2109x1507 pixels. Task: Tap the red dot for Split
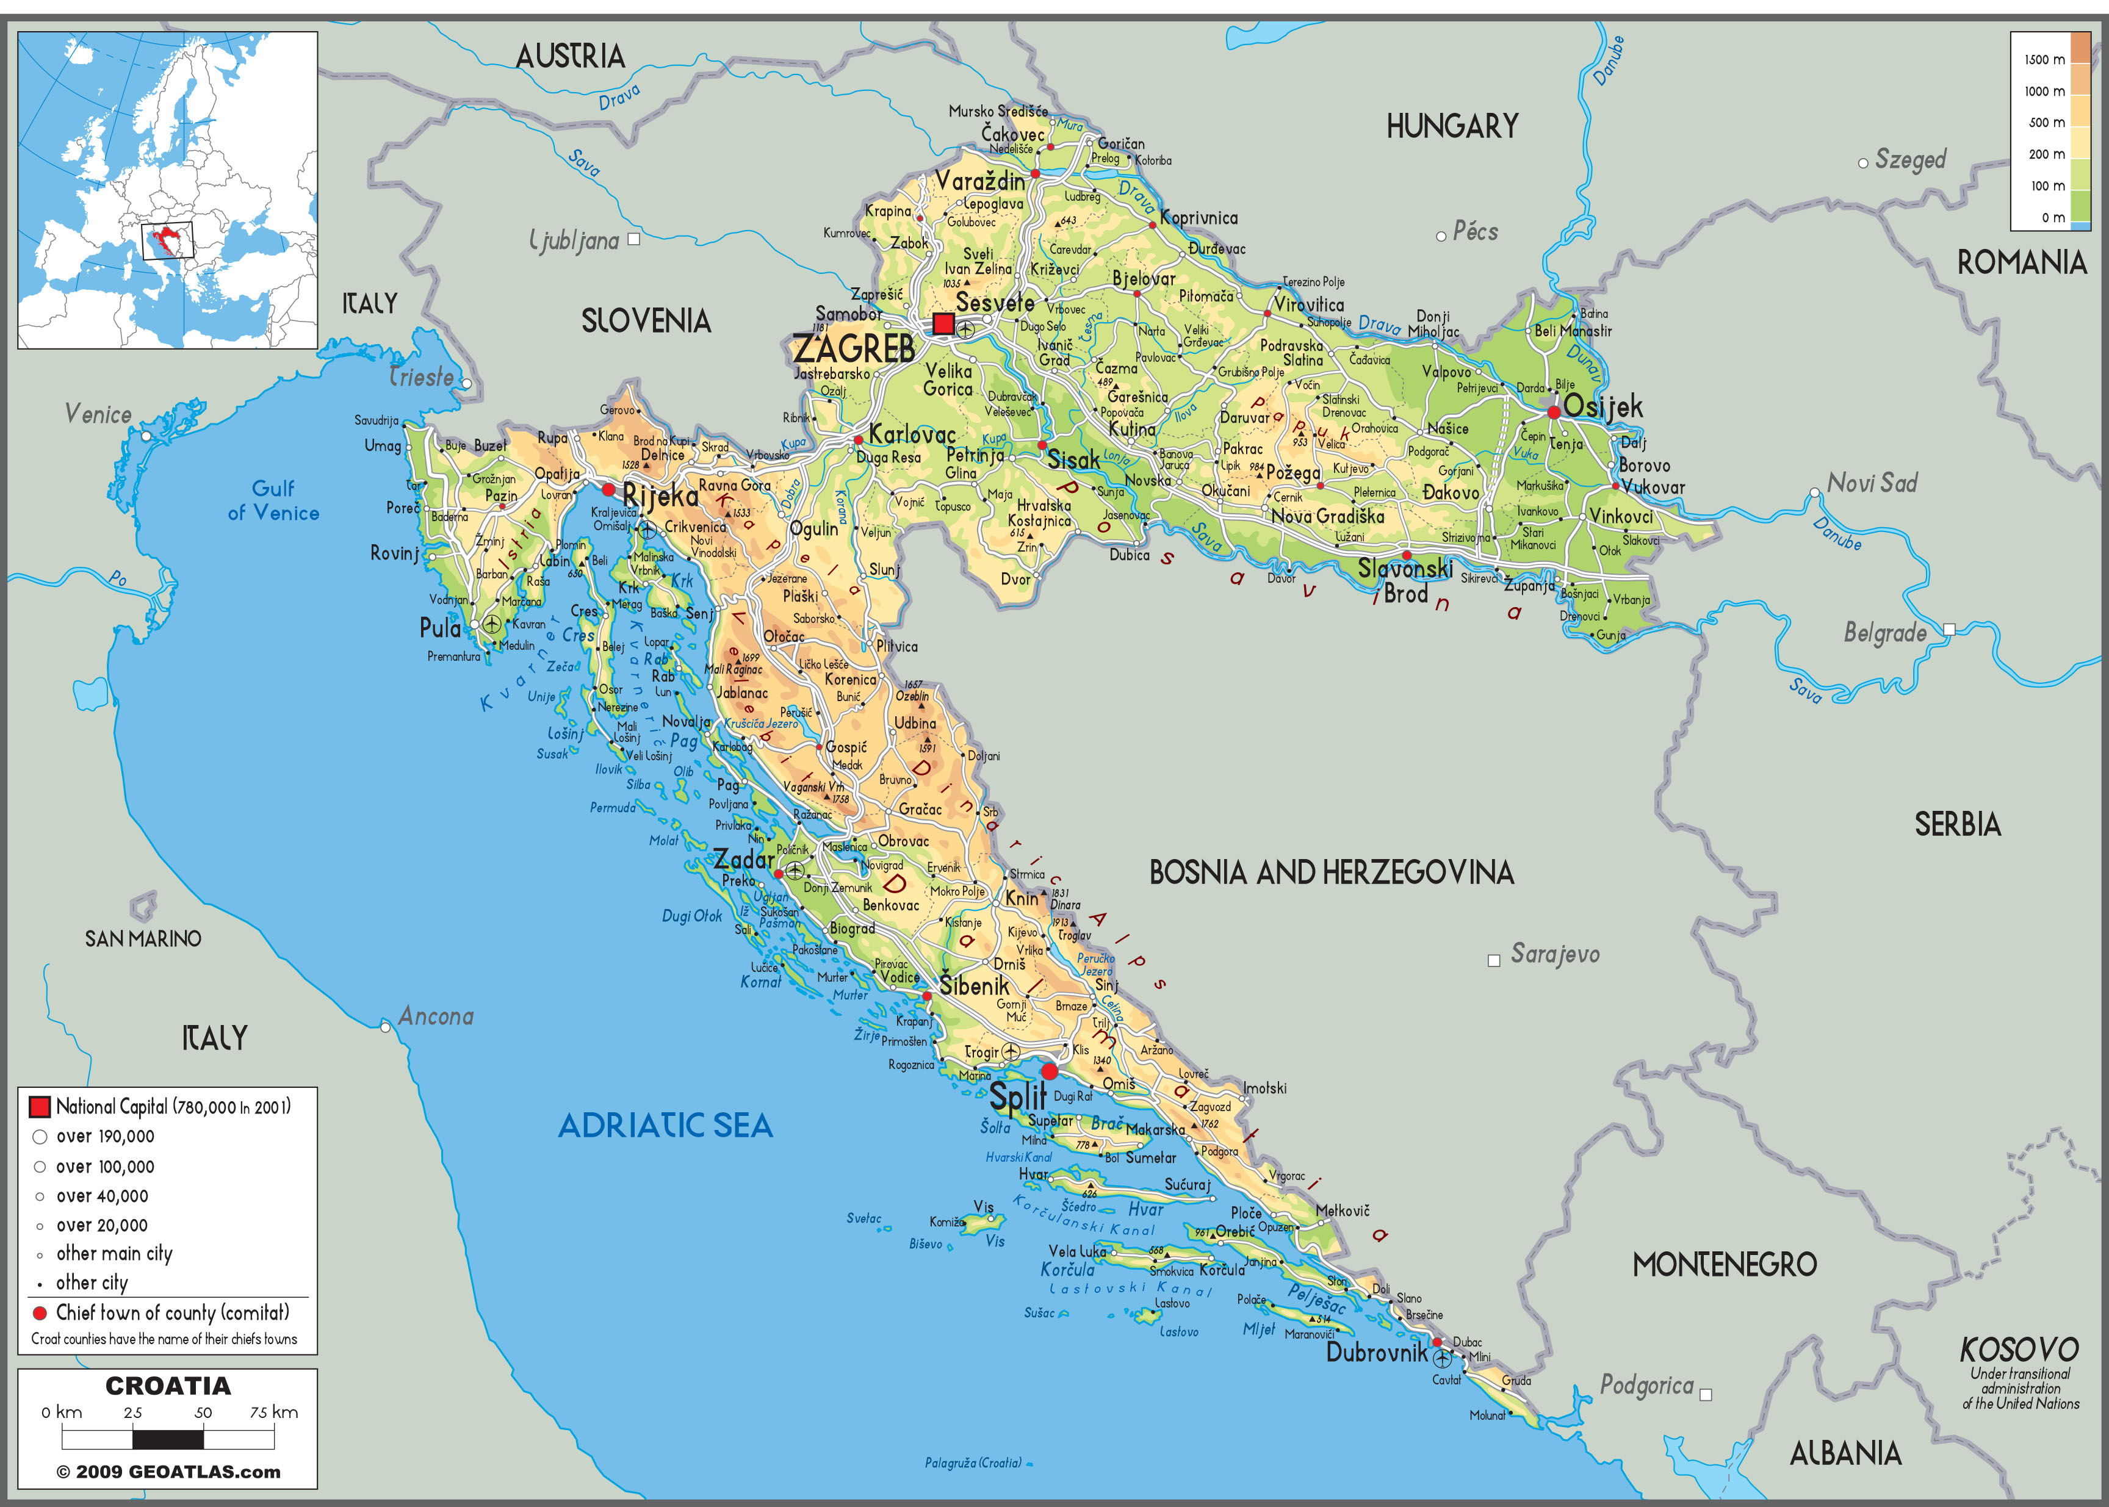click(1049, 1071)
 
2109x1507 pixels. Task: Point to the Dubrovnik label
click(1377, 1352)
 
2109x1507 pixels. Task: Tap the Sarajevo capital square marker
click(1493, 960)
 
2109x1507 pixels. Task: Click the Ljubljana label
click(575, 241)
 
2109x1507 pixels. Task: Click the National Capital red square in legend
click(39, 1106)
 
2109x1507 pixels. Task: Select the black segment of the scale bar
click(168, 1439)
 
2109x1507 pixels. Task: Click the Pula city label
click(440, 628)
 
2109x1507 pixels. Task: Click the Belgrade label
click(1884, 633)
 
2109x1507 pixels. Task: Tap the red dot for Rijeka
click(608, 489)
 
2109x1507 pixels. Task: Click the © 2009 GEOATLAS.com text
click(168, 1472)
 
